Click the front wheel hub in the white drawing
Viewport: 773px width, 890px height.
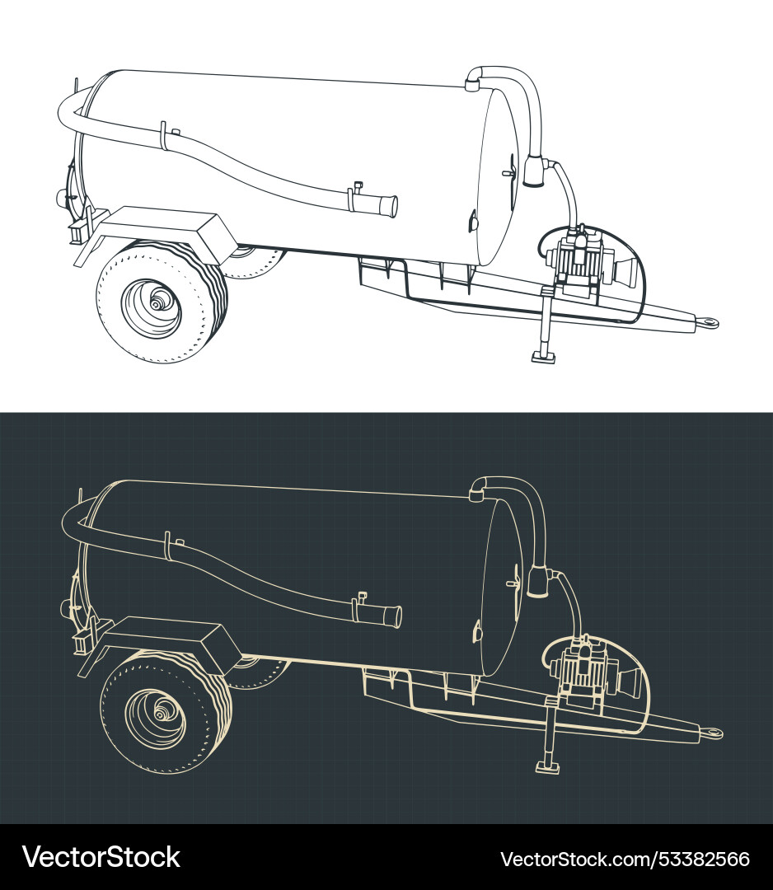coord(155,304)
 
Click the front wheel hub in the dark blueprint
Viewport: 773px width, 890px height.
coord(159,715)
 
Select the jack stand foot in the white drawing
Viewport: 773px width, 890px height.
coord(544,357)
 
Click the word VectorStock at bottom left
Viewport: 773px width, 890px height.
coord(101,857)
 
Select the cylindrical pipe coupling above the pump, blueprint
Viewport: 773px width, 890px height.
coord(538,582)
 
